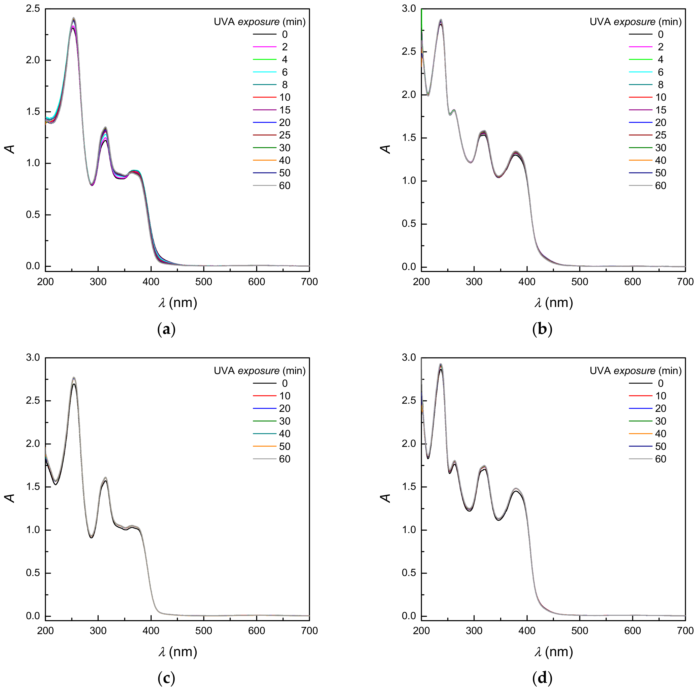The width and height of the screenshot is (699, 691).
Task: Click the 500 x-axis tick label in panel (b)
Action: coord(580,282)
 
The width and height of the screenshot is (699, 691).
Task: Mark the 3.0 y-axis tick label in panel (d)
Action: coord(409,358)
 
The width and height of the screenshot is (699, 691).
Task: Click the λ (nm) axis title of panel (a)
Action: coord(177,302)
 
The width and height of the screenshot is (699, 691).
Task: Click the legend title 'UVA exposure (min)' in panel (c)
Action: coord(259,371)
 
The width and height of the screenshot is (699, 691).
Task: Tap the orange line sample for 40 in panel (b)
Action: coord(640,160)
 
